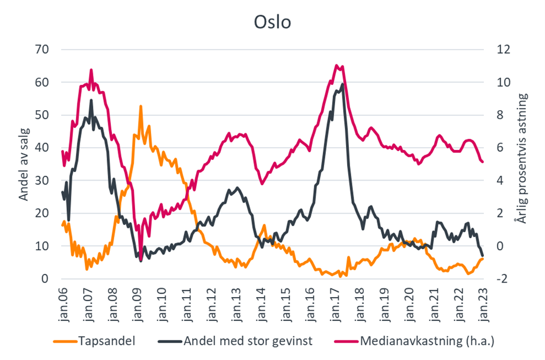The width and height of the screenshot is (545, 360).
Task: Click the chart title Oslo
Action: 272,22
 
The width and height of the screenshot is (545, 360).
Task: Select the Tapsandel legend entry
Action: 107,341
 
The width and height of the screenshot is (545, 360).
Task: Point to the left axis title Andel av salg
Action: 24,164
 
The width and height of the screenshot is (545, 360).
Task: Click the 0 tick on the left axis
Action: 44,279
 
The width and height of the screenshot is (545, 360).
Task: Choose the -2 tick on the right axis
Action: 501,279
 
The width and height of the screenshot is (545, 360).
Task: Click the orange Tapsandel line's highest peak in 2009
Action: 140,106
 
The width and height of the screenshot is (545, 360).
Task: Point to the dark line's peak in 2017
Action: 343,84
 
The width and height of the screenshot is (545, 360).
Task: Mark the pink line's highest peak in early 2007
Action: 91,70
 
